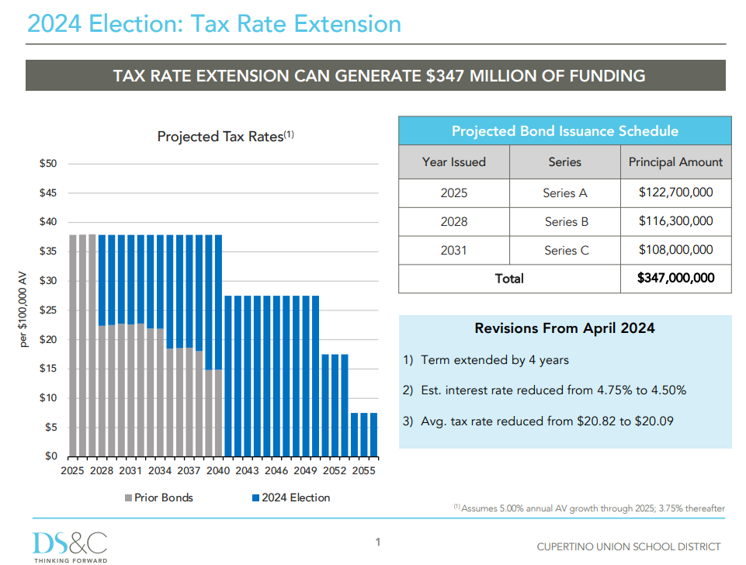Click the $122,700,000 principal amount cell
675,192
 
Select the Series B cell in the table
566,222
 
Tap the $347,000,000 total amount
675,278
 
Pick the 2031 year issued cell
454,250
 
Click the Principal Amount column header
675,162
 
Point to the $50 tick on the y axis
48,164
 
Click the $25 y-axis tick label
48,310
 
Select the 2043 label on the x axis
247,471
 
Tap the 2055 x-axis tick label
363,471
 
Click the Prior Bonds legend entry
159,497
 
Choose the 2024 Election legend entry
291,497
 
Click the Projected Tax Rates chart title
226,137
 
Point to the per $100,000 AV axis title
23,309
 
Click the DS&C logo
70,547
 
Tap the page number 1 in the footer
378,542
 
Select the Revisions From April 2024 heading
564,328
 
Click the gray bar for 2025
73,346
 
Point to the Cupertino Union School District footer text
629,547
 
